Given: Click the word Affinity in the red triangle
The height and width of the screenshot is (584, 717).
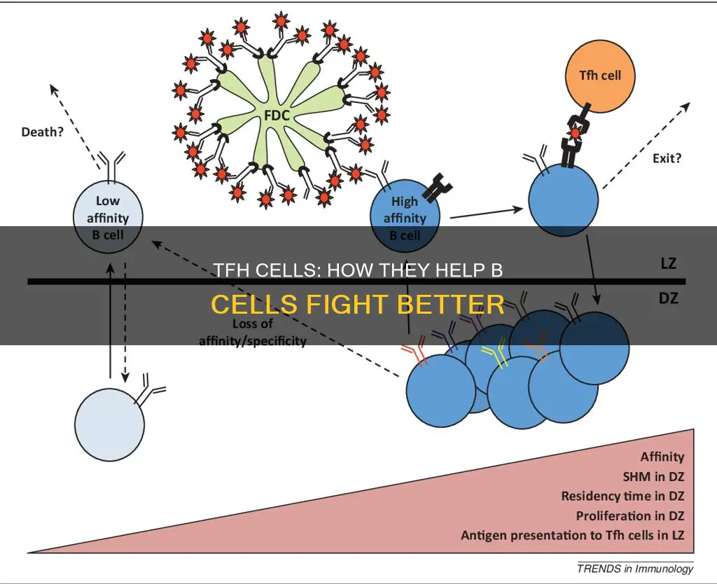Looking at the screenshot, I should click(662, 457).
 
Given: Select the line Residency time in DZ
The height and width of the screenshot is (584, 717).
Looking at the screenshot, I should click(622, 496).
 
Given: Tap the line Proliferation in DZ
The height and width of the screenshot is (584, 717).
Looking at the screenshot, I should click(629, 515).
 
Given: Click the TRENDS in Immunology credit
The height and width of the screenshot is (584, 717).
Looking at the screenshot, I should click(635, 568).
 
